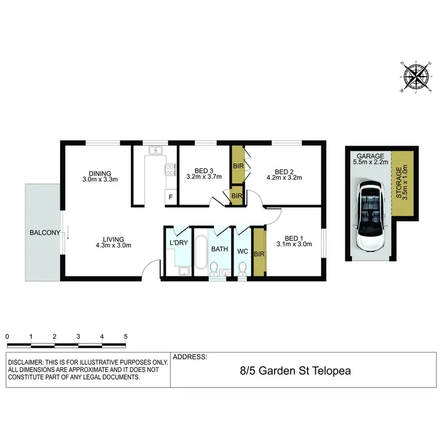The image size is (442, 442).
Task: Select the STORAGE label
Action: (x=402, y=184)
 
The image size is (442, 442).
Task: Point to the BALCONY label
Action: (x=45, y=233)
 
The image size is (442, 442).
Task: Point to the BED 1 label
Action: (x=292, y=234)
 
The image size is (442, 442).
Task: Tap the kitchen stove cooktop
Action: (x=170, y=170)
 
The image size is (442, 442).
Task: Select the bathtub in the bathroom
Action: (x=200, y=253)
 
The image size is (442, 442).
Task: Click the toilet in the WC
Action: (x=242, y=268)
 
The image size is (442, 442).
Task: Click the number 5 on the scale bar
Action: (x=126, y=337)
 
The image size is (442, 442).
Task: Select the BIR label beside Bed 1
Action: (x=258, y=253)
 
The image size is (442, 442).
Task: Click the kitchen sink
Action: (x=155, y=151)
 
